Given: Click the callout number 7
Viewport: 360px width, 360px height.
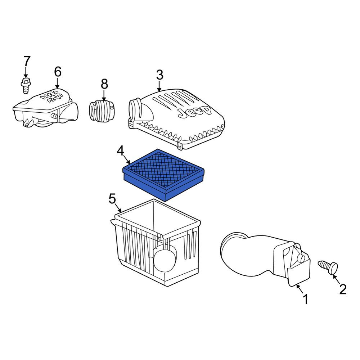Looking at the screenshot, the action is click(x=27, y=61).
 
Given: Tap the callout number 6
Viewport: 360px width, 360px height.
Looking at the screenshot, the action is click(x=58, y=72).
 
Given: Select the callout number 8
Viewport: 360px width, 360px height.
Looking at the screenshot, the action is click(x=104, y=84).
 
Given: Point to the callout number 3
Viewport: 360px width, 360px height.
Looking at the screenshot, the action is click(x=159, y=75).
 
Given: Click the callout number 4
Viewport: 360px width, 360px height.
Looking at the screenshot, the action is click(x=121, y=151).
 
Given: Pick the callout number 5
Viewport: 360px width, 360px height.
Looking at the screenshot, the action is click(x=112, y=199).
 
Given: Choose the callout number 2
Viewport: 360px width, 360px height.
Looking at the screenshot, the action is click(x=343, y=289).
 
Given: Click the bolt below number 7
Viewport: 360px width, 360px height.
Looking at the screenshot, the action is click(x=26, y=86).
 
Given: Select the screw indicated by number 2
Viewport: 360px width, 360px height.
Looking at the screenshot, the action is click(x=328, y=267).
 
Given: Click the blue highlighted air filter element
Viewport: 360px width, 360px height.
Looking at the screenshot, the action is click(x=163, y=174).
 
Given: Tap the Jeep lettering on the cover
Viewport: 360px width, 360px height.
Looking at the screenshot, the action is click(x=194, y=111).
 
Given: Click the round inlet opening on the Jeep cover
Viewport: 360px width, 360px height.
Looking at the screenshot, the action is click(x=134, y=109).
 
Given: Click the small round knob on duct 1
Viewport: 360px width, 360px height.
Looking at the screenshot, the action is click(x=301, y=258).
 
